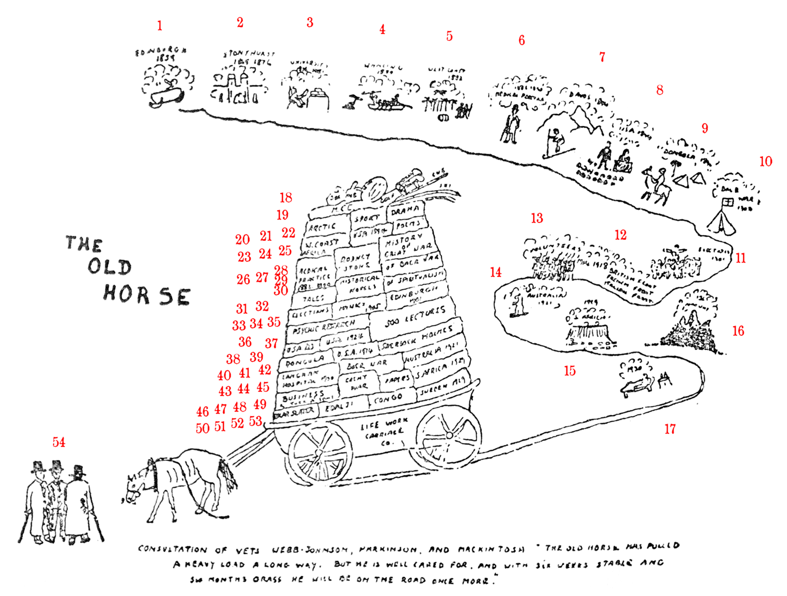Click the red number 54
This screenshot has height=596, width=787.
coord(59,442)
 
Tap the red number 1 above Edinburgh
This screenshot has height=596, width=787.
coord(159,26)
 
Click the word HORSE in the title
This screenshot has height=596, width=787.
coord(146,295)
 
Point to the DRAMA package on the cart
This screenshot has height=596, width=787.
coord(404,210)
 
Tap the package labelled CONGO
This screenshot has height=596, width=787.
coord(389,398)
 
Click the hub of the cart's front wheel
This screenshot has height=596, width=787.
coord(318,451)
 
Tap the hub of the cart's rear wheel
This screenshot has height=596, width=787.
coord(449,435)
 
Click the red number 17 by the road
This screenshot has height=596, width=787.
coord(670,429)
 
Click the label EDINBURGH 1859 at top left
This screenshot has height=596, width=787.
coord(161,54)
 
